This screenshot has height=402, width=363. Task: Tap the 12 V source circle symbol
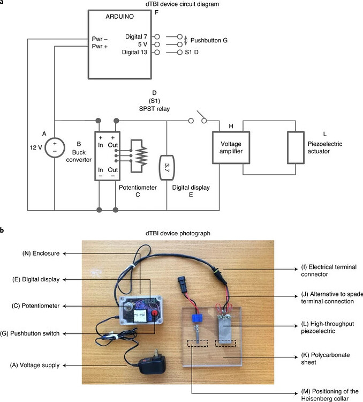pyautogui.click(x=54, y=147)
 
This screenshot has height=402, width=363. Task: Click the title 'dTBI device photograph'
pyautogui.click(x=182, y=233)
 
